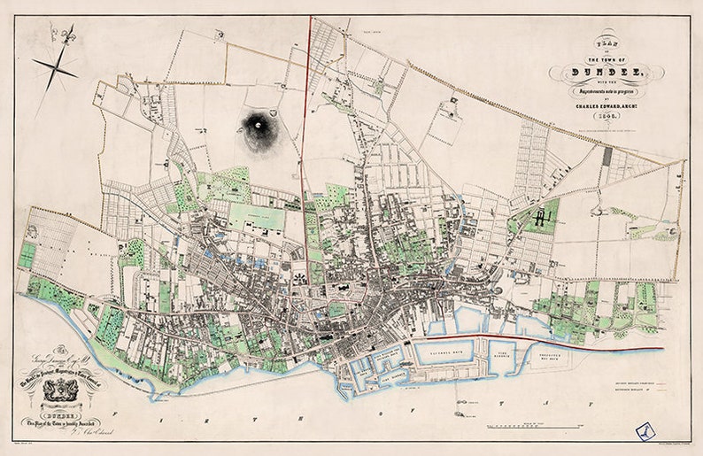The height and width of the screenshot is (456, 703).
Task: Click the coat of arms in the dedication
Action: point(60,390)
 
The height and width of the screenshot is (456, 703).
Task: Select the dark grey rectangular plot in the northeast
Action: point(607,157)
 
